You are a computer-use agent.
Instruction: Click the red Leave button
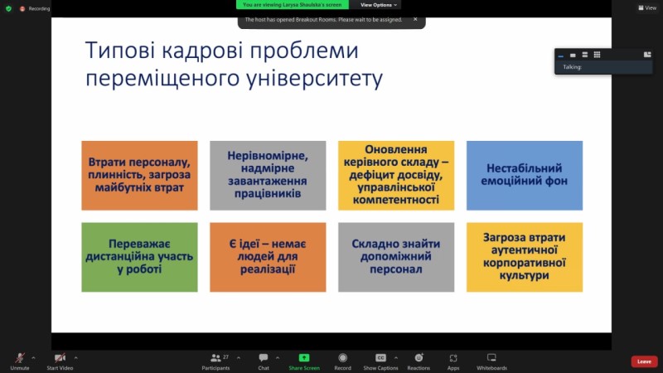point(644,361)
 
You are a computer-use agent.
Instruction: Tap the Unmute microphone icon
point(19,358)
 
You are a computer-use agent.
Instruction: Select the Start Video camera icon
point(60,358)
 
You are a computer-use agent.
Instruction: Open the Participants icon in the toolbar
point(215,358)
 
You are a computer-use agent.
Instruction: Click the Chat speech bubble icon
point(264,358)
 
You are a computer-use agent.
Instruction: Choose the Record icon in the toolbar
point(342,358)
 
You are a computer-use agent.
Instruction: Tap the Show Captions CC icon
point(380,358)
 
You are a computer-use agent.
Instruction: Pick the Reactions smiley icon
point(419,358)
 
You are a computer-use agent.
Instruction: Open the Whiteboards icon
point(491,358)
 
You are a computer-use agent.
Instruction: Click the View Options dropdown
point(379,5)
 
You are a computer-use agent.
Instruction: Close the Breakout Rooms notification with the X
point(415,19)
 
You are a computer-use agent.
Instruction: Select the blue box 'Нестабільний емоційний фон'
point(525,176)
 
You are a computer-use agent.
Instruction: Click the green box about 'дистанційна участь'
point(139,257)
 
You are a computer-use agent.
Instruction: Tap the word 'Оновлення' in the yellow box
point(396,149)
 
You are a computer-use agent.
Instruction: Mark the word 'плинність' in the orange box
point(114,175)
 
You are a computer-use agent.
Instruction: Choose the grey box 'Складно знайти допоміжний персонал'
point(396,257)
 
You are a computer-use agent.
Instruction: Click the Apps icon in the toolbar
point(452,358)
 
